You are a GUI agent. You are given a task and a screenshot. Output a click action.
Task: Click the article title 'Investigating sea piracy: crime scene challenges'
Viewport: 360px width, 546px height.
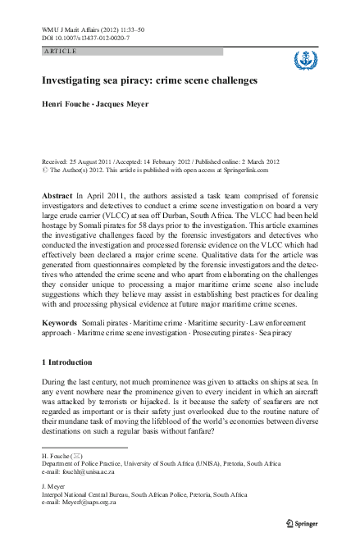(150, 82)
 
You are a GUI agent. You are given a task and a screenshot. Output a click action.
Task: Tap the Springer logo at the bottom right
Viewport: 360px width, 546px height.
(303, 521)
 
